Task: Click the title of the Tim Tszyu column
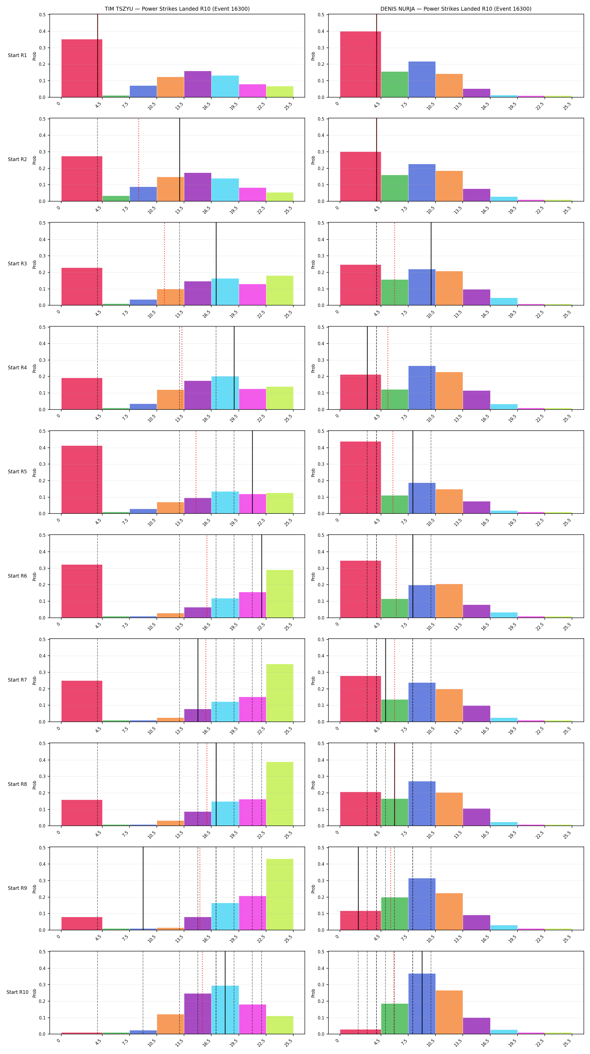pyautogui.click(x=177, y=9)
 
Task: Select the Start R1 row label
pyautogui.click(x=17, y=56)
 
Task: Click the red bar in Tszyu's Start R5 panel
pyautogui.click(x=82, y=479)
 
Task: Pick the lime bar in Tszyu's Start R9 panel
pyautogui.click(x=280, y=894)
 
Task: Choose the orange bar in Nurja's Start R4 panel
pyautogui.click(x=449, y=391)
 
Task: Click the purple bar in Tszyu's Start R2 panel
pyautogui.click(x=198, y=187)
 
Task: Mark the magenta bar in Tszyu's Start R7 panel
pyautogui.click(x=252, y=709)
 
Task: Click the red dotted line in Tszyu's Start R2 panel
pyautogui.click(x=139, y=160)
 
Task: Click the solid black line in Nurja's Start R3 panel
pyautogui.click(x=431, y=264)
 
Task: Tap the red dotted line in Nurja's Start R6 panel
pyautogui.click(x=396, y=576)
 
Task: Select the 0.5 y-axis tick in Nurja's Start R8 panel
pyautogui.click(x=321, y=743)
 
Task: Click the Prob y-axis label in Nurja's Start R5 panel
pyautogui.click(x=313, y=472)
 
